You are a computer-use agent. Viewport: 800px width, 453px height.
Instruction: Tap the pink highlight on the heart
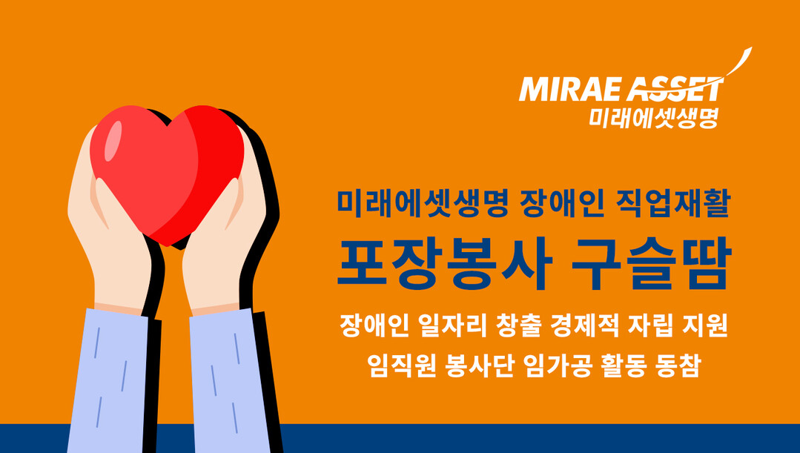[x=113, y=141]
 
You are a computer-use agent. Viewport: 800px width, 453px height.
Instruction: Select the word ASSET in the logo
[x=675, y=90]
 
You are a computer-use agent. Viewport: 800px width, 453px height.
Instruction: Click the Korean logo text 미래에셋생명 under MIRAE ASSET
[x=654, y=117]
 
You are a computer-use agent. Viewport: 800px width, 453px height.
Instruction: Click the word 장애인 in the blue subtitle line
[x=562, y=203]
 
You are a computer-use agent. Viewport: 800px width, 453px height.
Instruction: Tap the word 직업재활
[x=673, y=203]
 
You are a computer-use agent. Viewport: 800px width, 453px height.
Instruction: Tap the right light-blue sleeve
[x=230, y=380]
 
